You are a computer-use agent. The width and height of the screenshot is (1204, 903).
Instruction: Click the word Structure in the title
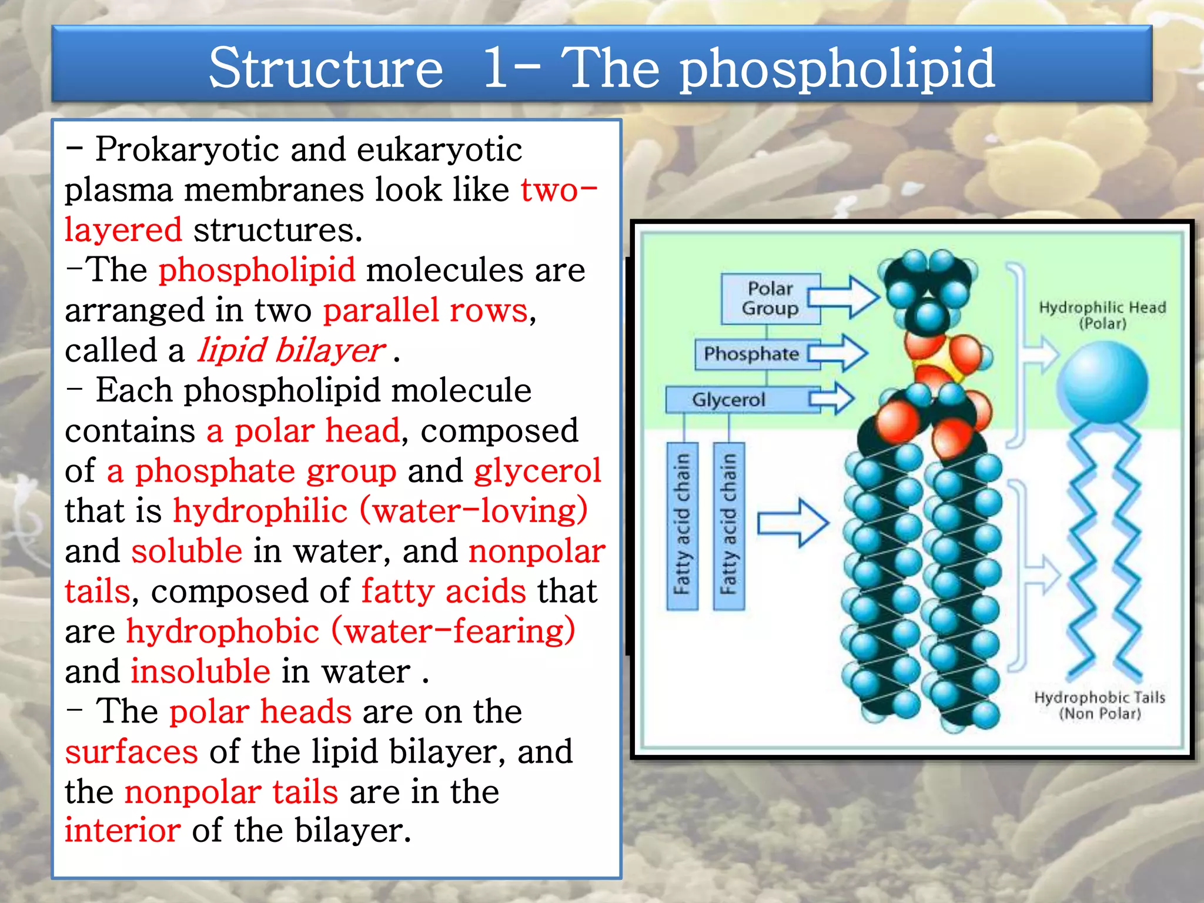coord(326,68)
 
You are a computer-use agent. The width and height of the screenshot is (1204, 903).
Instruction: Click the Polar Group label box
coord(770,299)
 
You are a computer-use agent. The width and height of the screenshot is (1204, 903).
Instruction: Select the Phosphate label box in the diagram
coord(751,353)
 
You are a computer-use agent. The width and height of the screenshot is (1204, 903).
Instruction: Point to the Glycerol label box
coord(729,400)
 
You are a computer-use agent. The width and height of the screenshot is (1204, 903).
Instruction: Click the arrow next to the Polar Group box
coord(844,297)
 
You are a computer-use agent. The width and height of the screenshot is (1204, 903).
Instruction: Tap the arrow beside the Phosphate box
coord(838,353)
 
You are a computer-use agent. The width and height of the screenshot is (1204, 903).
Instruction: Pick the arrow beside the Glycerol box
coord(831,399)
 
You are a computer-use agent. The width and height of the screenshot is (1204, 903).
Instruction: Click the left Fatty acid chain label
coord(682,526)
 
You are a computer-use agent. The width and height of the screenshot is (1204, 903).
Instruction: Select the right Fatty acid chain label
coord(728,526)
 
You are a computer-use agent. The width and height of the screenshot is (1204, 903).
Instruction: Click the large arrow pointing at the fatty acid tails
coord(792,523)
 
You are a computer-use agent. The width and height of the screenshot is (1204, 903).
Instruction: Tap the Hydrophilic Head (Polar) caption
coord(1102,315)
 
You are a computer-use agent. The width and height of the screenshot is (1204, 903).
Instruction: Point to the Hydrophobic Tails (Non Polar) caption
coord(1099,705)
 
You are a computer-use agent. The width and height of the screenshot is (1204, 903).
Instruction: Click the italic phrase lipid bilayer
coord(291,351)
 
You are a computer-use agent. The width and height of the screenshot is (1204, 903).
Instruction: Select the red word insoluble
coord(200,671)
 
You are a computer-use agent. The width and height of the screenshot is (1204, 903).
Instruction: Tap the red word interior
coord(123,831)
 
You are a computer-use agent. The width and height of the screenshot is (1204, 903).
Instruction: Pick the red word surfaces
coord(132,752)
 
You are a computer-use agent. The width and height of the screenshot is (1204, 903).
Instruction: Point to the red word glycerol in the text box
coord(537,471)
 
